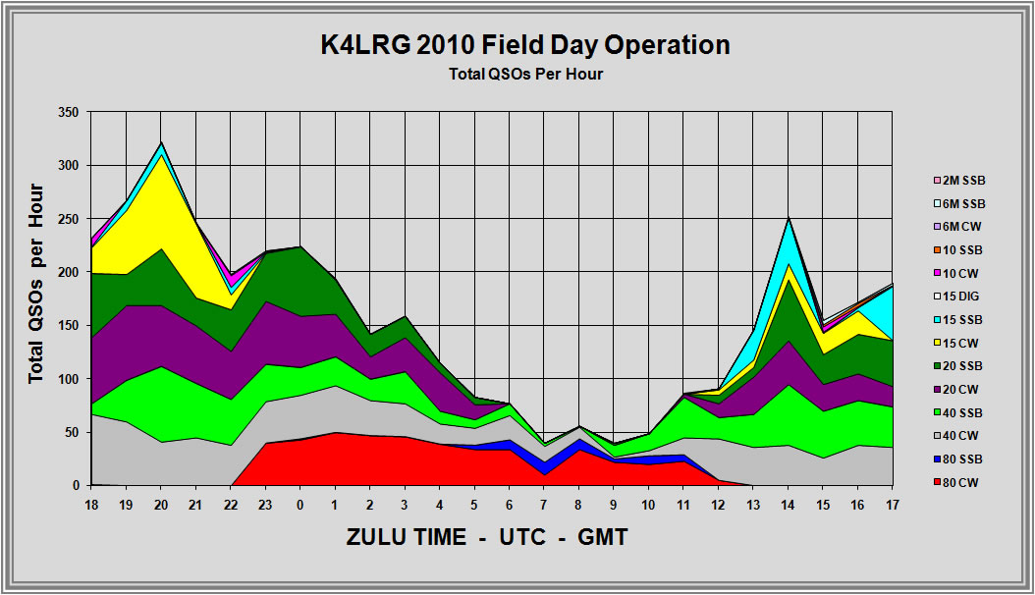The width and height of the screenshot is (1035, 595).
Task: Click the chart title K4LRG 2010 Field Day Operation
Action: pos(525,45)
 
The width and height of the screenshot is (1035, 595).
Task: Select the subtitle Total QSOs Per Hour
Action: pos(525,74)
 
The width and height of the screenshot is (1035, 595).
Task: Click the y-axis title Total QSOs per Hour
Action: pos(36,283)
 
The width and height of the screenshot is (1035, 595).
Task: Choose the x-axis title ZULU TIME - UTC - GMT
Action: pos(487,538)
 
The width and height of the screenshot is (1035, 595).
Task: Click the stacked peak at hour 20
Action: pos(161,142)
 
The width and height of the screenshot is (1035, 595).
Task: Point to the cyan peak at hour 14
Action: pos(788,218)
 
